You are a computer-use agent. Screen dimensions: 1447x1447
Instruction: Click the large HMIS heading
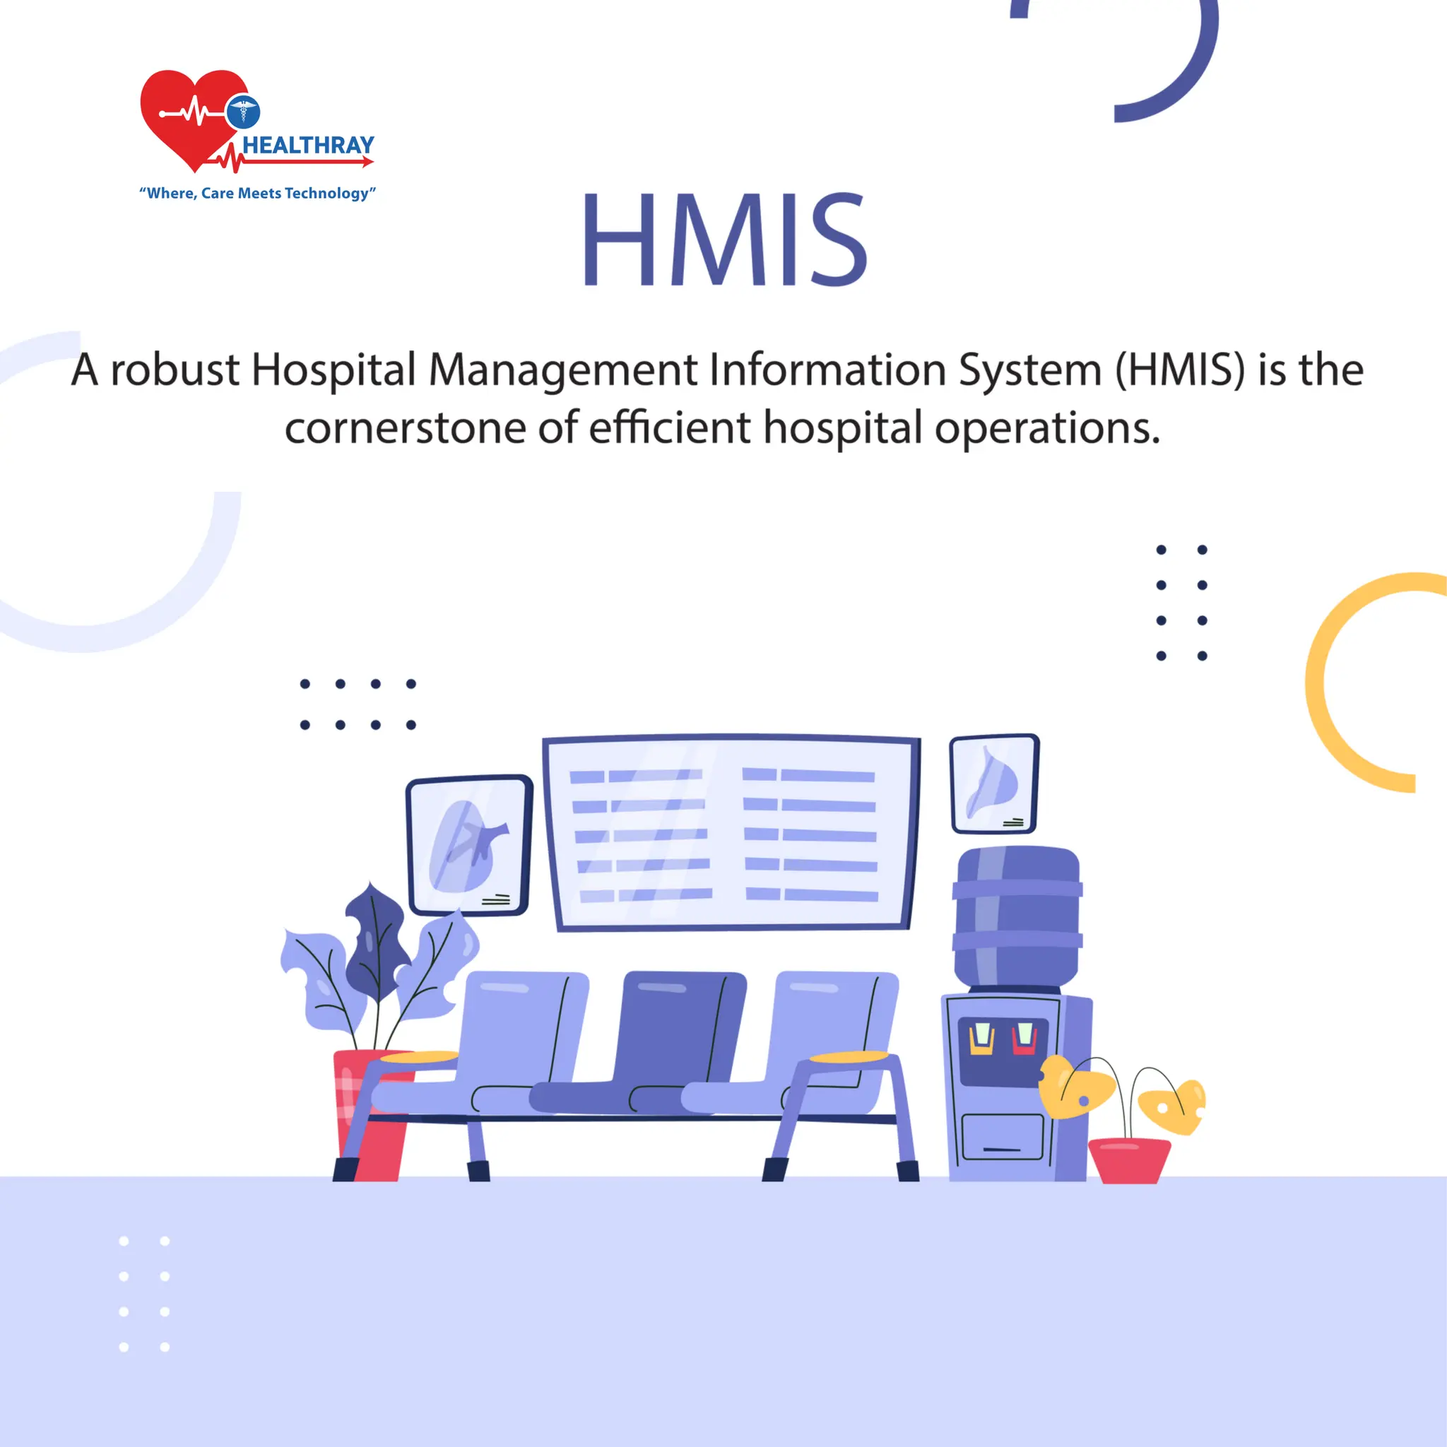pyautogui.click(x=724, y=239)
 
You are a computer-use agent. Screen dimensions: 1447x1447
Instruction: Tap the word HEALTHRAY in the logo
pyautogui.click(x=308, y=146)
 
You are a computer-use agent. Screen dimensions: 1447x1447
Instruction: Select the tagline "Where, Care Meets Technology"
pyautogui.click(x=258, y=193)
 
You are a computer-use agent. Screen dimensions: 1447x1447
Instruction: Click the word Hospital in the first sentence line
pyautogui.click(x=333, y=370)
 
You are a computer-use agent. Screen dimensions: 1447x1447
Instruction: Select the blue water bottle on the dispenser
pyautogui.click(x=1018, y=916)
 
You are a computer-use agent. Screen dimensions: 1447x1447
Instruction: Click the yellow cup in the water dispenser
pyautogui.click(x=981, y=1039)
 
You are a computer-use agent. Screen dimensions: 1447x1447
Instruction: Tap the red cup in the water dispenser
pyautogui.click(x=1024, y=1038)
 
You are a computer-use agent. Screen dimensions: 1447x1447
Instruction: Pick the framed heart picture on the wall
pyautogui.click(x=469, y=845)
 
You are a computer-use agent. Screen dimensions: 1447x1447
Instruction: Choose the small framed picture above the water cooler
pyautogui.click(x=994, y=784)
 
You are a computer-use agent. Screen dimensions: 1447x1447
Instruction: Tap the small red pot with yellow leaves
pyautogui.click(x=1128, y=1160)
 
